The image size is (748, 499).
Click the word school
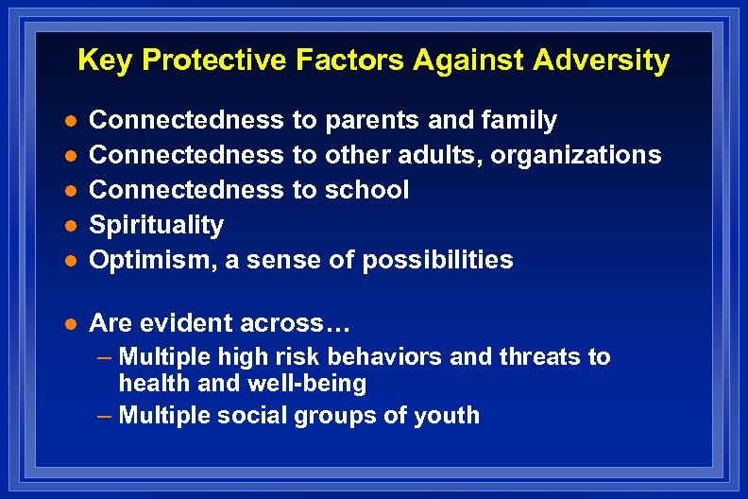pos(366,190)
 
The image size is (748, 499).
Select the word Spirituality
pos(156,225)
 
